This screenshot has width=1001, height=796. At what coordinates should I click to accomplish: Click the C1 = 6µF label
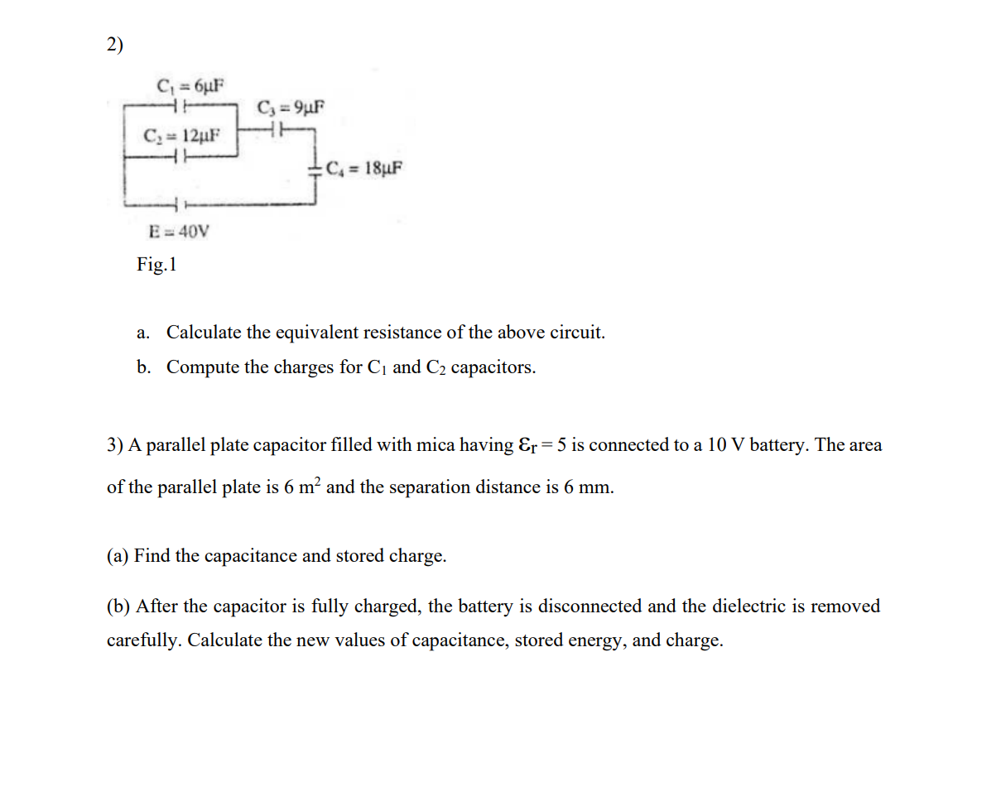coord(190,85)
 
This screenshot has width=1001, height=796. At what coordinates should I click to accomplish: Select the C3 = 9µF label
coord(291,108)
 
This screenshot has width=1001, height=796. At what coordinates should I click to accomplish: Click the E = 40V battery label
coord(178,232)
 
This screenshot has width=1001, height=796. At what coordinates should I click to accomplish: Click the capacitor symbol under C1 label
coord(180,104)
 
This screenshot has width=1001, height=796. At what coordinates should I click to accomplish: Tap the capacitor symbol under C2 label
coord(180,154)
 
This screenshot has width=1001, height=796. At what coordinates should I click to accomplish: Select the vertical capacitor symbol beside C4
coord(315,170)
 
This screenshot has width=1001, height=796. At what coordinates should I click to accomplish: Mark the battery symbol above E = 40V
coord(180,204)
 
